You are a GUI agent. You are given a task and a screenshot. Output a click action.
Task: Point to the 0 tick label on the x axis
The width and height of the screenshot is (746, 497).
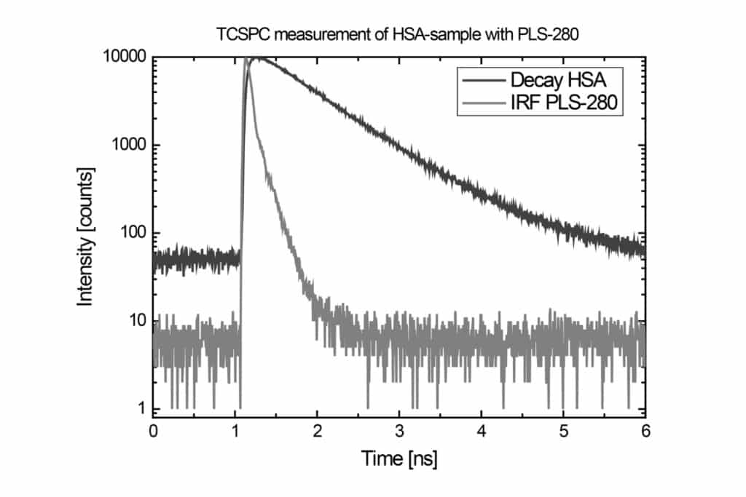tap(153, 430)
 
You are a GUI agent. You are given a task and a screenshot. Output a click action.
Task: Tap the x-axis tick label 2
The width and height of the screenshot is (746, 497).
tap(317, 430)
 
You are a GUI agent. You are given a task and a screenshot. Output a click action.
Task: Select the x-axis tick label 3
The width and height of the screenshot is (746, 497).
tap(399, 430)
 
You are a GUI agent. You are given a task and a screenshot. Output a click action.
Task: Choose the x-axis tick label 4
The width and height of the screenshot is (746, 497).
tap(482, 430)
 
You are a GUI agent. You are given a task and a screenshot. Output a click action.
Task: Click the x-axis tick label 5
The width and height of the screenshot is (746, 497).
tap(563, 430)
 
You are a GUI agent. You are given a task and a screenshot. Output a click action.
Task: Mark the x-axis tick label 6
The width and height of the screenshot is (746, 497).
tap(645, 430)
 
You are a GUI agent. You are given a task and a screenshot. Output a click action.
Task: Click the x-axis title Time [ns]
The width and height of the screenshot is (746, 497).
tap(399, 458)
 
